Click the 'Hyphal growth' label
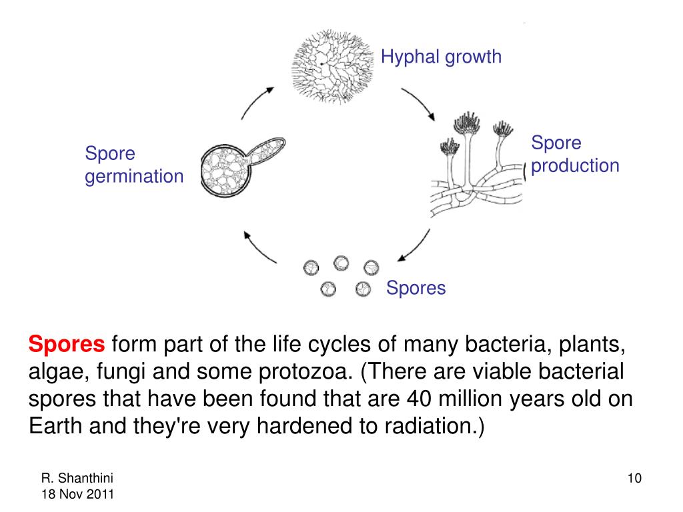(441, 57)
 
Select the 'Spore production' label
(575, 154)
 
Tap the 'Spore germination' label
(133, 165)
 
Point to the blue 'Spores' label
(416, 288)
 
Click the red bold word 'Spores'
(67, 345)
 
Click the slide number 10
(634, 479)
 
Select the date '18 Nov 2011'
(77, 494)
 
